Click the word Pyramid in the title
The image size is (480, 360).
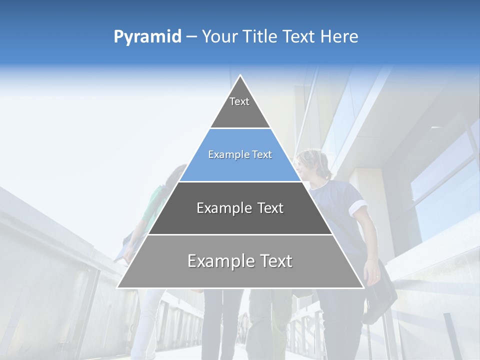click(147, 37)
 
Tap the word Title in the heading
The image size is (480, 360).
click(260, 36)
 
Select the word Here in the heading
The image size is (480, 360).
click(339, 36)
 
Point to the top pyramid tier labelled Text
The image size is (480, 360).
click(240, 107)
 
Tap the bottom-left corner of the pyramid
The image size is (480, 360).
click(118, 287)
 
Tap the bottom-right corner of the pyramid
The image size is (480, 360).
click(363, 287)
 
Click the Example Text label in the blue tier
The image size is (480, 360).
click(240, 154)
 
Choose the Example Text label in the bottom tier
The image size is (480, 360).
click(240, 261)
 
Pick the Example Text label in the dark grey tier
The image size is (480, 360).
click(240, 208)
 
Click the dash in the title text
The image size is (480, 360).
click(191, 37)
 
